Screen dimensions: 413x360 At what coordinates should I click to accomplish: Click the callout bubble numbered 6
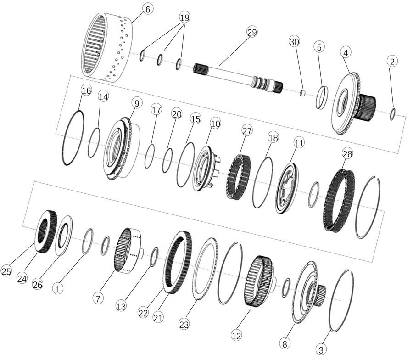point(147,9)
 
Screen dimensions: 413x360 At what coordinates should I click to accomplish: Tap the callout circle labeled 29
point(252,32)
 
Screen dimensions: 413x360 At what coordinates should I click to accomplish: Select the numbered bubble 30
point(294,42)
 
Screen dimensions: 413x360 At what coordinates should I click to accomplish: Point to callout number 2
point(392,62)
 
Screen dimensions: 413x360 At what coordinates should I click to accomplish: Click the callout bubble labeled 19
point(184,17)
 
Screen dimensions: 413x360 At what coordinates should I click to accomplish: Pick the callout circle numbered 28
point(347,154)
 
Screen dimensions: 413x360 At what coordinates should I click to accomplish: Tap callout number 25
point(6,271)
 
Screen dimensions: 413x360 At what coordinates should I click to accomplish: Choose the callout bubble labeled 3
point(321,350)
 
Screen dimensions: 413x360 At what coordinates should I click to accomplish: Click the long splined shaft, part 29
point(238,76)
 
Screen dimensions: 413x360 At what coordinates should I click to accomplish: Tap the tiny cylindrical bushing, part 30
point(303,93)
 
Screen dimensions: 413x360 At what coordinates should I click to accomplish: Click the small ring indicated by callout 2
point(392,114)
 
